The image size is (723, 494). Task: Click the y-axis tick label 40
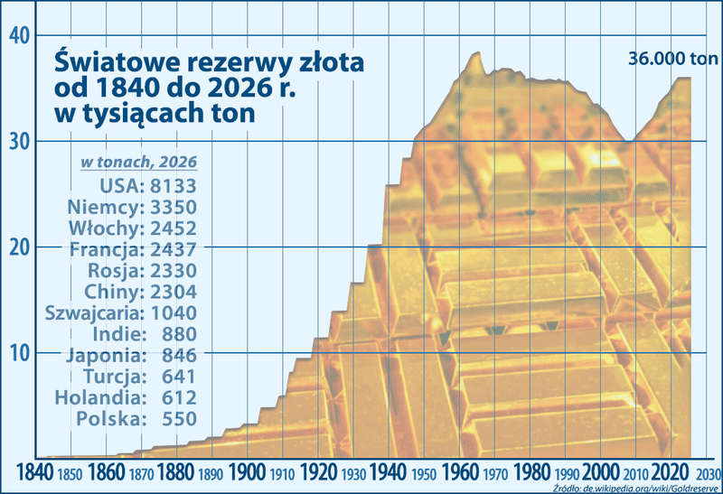(x=20, y=35)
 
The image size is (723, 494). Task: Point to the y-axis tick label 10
(x=20, y=352)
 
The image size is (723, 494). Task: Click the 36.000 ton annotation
(x=673, y=61)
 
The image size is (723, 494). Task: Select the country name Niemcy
(x=105, y=207)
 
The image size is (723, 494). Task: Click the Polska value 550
(x=179, y=418)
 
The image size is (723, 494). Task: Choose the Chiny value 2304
(x=174, y=291)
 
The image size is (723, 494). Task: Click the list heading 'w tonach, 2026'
(x=139, y=162)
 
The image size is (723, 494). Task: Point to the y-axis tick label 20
(x=20, y=247)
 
